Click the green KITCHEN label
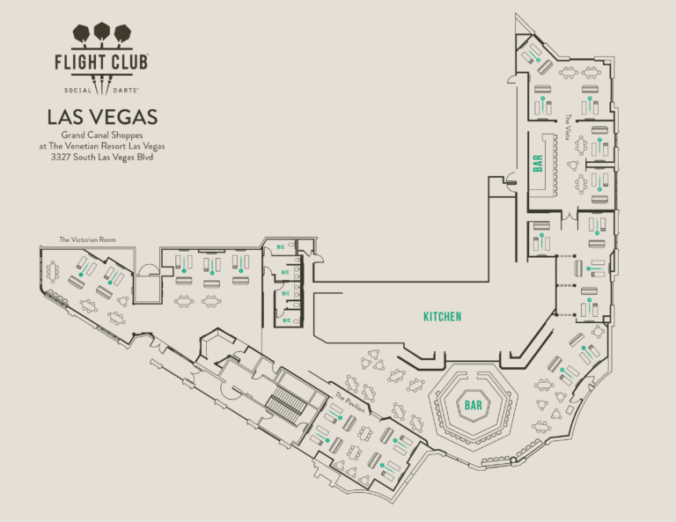coord(442,316)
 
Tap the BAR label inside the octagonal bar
coord(474,406)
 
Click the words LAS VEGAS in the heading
coord(102,117)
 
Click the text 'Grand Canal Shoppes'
coord(102,135)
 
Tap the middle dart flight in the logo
coord(102,33)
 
